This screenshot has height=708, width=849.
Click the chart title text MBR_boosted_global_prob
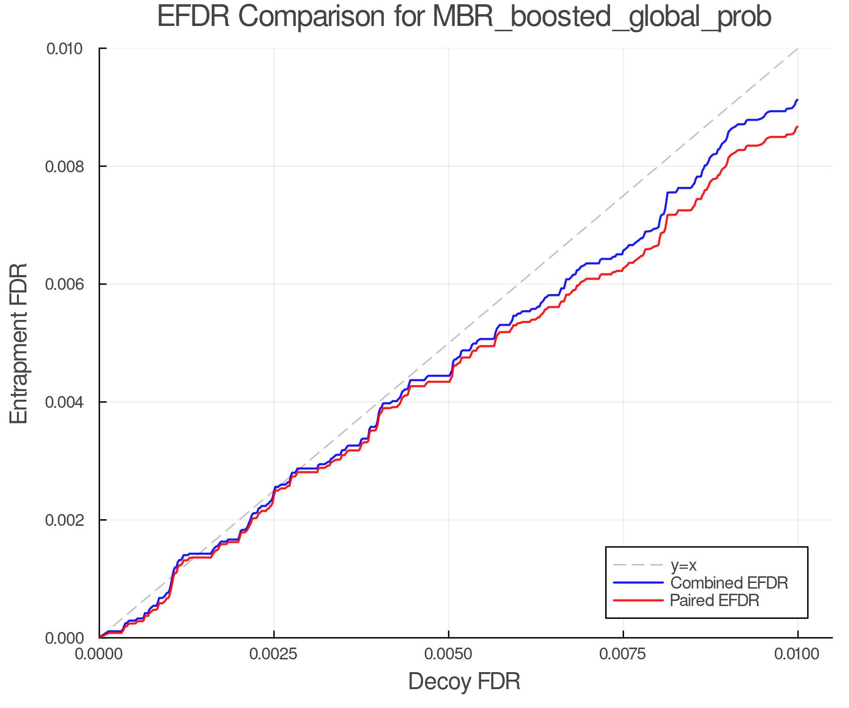pyautogui.click(x=601, y=17)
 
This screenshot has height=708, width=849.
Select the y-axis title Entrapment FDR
pyautogui.click(x=19, y=343)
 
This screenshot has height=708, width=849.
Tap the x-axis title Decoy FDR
pyautogui.click(x=464, y=681)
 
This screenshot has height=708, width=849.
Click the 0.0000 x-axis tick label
pyautogui.click(x=99, y=654)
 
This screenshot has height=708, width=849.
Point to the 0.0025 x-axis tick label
pyautogui.click(x=274, y=654)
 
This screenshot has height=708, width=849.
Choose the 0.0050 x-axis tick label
pyautogui.click(x=448, y=654)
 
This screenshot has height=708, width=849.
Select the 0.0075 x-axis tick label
pyautogui.click(x=623, y=654)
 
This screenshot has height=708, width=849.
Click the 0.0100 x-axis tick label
pyautogui.click(x=797, y=654)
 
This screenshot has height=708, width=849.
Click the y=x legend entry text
pyautogui.click(x=683, y=565)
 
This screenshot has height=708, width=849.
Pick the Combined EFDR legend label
pyautogui.click(x=729, y=582)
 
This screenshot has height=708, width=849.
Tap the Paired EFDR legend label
pyautogui.click(x=715, y=600)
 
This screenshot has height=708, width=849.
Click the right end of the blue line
pyautogui.click(x=797, y=100)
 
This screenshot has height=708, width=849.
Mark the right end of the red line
pyautogui.click(x=797, y=127)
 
